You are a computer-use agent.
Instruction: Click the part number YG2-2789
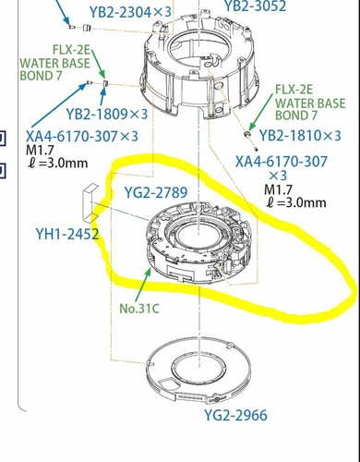point(156,192)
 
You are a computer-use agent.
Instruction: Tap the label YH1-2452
point(67,234)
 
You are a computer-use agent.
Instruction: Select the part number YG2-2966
point(236,416)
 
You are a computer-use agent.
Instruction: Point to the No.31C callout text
point(139,309)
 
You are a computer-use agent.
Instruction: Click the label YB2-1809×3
point(107,115)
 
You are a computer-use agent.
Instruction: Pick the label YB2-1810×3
point(300,136)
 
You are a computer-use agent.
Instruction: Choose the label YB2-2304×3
point(130,12)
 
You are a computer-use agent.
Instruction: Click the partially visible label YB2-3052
point(256,6)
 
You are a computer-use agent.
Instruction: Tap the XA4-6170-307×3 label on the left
point(82,136)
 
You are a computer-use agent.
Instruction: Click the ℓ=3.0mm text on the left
point(58,163)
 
